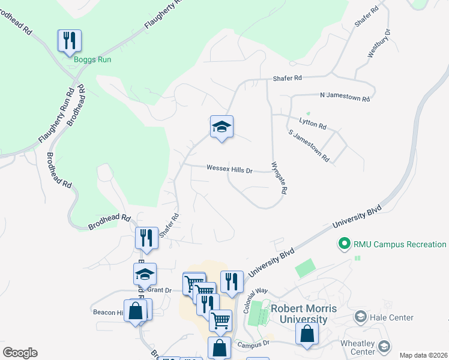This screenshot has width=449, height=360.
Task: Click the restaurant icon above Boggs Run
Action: tap(70, 41)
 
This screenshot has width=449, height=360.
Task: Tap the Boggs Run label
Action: tap(92, 59)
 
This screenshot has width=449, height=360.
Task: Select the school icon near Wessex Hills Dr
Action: tap(221, 127)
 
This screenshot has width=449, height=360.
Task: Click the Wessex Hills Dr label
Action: tap(229, 169)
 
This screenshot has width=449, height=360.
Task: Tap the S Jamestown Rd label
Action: tap(309, 146)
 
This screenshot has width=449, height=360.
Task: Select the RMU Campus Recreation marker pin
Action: tap(345, 244)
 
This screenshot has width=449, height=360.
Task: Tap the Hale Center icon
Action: tap(361, 317)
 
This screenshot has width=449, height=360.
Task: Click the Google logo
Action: tap(20, 353)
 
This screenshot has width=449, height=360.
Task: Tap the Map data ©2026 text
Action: tap(423, 355)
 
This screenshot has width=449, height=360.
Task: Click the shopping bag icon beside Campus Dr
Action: tap(307, 335)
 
